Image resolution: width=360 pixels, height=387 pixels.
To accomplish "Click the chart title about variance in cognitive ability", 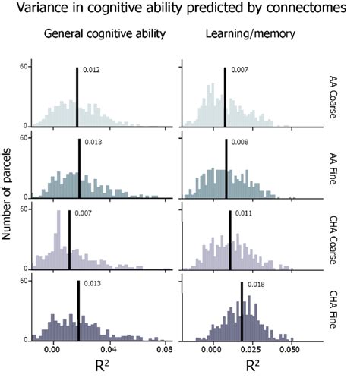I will point(179,10).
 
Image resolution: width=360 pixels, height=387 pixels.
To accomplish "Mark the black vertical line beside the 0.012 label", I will point(77,96).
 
